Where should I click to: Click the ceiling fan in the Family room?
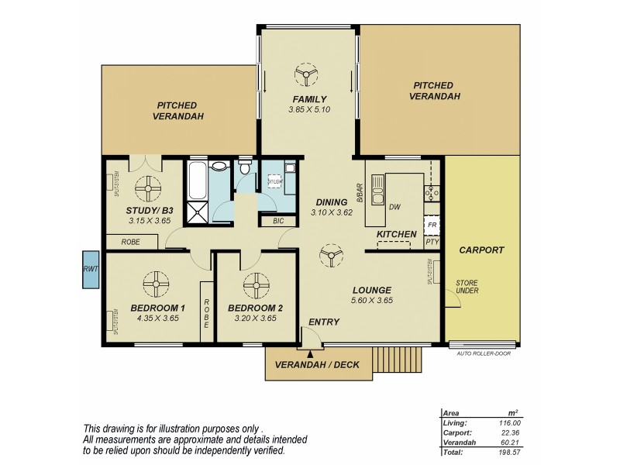pos(308,75)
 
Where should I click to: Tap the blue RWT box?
pos(90,269)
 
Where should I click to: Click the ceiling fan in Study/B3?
pos(147,186)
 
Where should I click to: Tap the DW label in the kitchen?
pos(394,207)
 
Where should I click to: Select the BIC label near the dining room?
pos(278,221)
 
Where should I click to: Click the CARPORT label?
pos(481,250)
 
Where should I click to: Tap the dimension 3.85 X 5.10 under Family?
pos(308,110)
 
